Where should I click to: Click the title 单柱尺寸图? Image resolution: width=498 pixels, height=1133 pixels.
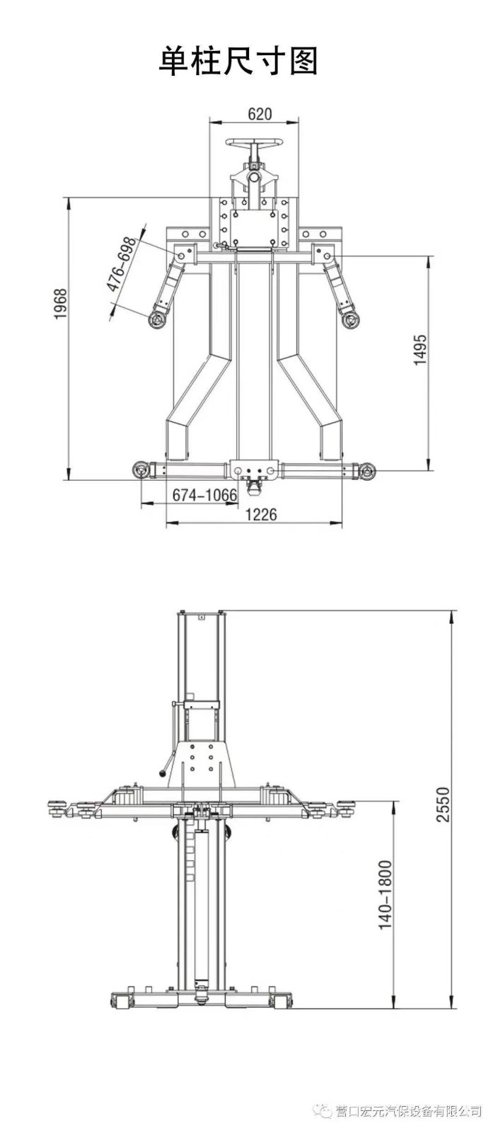point(238,61)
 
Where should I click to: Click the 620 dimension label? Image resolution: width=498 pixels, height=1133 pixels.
point(259,114)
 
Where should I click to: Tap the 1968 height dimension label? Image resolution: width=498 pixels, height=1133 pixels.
point(61,304)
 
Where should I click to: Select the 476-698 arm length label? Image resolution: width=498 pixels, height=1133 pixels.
point(121,265)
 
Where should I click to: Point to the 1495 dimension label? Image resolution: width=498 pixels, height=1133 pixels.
point(419,350)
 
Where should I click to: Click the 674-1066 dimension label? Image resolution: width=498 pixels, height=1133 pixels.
point(204,495)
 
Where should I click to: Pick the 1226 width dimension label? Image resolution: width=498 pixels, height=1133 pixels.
point(261,514)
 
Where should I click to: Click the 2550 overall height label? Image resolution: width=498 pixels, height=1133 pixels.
point(442,804)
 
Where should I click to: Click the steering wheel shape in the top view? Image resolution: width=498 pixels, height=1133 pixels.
point(253,144)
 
